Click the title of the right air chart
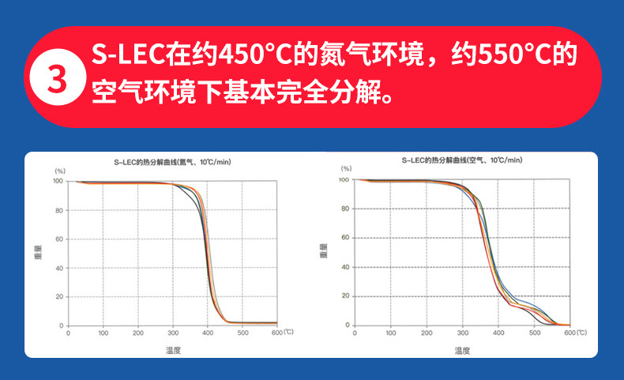click(x=462, y=160)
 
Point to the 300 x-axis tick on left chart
click(x=173, y=333)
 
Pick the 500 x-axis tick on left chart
click(x=242, y=333)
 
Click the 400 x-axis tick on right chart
click(x=498, y=333)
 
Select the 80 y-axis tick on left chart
click(x=58, y=210)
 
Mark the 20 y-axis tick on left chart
click(x=58, y=297)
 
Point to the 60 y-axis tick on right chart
click(x=345, y=238)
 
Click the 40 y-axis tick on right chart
click(x=345, y=267)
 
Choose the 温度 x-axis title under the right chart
click(x=462, y=349)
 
